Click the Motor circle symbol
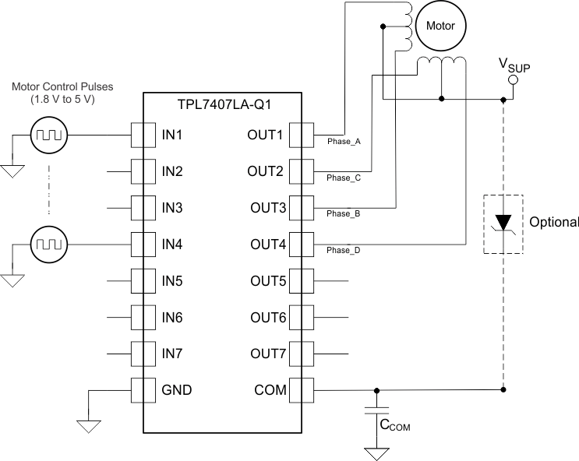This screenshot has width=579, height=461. click(x=440, y=26)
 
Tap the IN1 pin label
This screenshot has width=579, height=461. click(x=172, y=135)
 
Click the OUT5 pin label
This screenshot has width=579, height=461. click(x=268, y=280)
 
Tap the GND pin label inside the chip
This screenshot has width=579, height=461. click(x=176, y=390)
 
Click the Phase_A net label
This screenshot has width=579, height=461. click(x=344, y=142)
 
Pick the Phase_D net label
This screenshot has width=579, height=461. click(x=344, y=251)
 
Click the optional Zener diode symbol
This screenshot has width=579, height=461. click(x=503, y=223)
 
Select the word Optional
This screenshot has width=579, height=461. click(x=554, y=222)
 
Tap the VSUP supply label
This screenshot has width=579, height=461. click(x=515, y=65)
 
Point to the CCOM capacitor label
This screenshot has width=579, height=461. click(x=394, y=426)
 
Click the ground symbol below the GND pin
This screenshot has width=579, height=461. click(x=88, y=425)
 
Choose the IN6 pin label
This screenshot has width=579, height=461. click(x=172, y=317)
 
